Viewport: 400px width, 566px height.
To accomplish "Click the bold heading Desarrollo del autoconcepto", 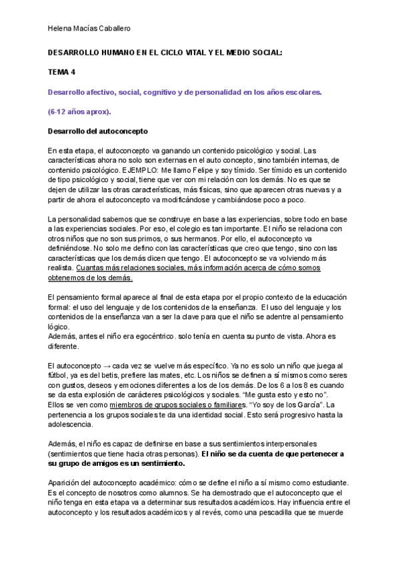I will (x=98, y=131).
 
